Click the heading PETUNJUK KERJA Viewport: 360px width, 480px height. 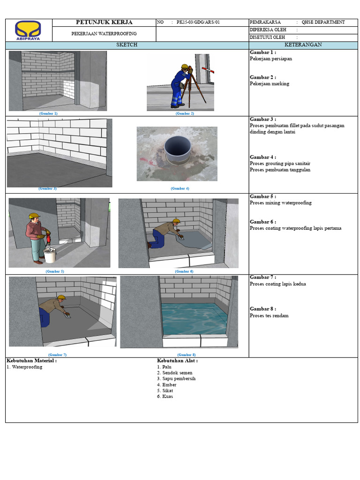pos(104,22)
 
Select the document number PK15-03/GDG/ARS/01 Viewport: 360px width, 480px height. pos(198,22)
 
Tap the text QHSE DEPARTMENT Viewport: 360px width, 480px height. pos(324,22)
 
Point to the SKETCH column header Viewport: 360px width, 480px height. pos(127,45)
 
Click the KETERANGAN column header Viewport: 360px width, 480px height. pos(303,45)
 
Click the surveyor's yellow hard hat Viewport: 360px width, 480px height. pos(185,67)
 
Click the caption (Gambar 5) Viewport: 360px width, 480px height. pos(54,271)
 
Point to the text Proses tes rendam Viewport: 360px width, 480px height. pos(269,315)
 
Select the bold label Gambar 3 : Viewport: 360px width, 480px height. pos(263,120)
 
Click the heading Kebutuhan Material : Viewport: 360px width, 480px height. pos(32,361)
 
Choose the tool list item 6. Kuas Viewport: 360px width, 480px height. pos(165,397)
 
